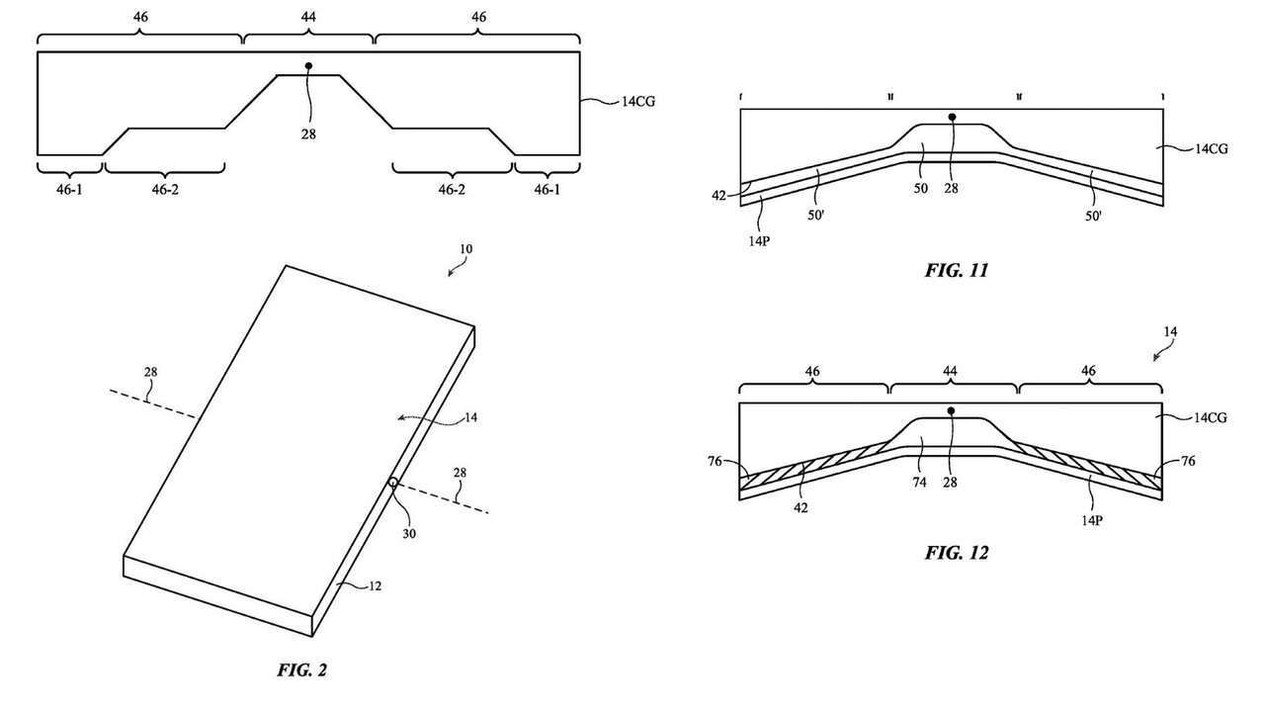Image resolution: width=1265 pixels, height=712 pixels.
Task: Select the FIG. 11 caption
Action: click(x=956, y=269)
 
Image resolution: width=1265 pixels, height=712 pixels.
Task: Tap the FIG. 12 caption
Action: click(x=956, y=552)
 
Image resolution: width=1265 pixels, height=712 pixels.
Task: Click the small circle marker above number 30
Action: click(x=392, y=484)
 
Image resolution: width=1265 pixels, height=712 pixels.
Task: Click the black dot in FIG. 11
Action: click(x=952, y=117)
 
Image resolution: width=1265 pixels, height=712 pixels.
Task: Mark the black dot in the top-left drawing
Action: click(x=309, y=66)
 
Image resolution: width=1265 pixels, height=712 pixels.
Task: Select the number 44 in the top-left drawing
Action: click(x=308, y=18)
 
